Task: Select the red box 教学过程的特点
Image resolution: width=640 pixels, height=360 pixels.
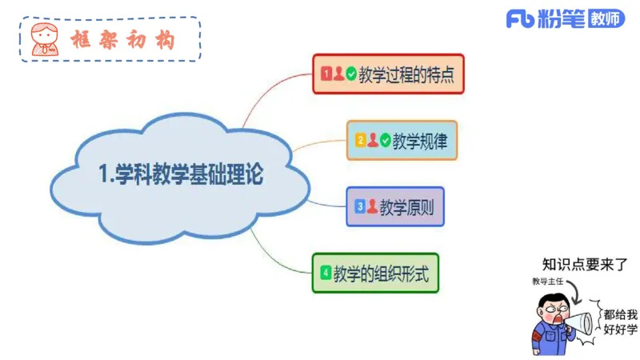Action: [388, 74]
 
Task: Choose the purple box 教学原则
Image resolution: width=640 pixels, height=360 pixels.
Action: [394, 206]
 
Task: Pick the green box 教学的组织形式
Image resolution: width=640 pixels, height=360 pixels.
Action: [374, 273]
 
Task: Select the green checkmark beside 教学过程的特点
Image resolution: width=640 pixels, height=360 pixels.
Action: [351, 74]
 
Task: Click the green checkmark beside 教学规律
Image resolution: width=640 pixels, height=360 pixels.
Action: [385, 140]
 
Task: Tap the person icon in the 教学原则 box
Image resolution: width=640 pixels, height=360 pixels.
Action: [372, 206]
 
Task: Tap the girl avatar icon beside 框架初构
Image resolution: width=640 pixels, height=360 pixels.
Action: [45, 38]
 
